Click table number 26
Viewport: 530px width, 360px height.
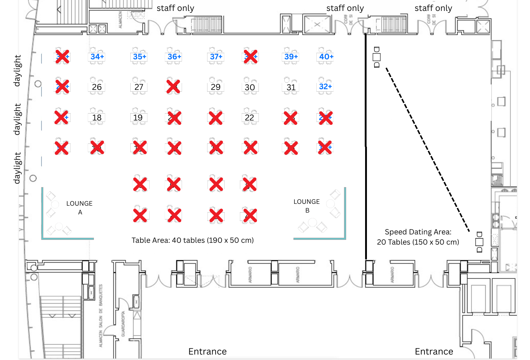(x=97, y=87)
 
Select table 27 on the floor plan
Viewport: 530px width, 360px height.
(x=139, y=87)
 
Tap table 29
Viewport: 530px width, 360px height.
(x=215, y=87)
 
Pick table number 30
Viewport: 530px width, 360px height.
(x=250, y=87)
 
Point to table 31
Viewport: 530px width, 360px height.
(x=291, y=87)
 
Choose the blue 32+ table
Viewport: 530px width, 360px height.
(x=325, y=87)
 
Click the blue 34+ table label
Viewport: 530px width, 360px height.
(x=97, y=57)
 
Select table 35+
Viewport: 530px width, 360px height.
(x=139, y=57)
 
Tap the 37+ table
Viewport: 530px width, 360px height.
(x=216, y=57)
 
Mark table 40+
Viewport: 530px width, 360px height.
(x=326, y=57)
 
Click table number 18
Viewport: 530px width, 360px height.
(x=97, y=118)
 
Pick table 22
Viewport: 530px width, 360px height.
(x=249, y=118)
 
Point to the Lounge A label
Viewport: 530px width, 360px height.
(x=79, y=207)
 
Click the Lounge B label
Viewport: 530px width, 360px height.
(x=307, y=206)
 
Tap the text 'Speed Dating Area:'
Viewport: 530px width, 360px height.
(x=418, y=232)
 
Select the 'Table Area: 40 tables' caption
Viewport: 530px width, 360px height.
(x=193, y=240)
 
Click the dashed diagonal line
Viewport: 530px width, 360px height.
(x=428, y=149)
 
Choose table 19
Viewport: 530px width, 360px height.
(x=138, y=118)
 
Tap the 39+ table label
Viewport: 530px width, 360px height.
(x=291, y=57)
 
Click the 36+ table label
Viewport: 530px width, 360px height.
(x=174, y=57)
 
